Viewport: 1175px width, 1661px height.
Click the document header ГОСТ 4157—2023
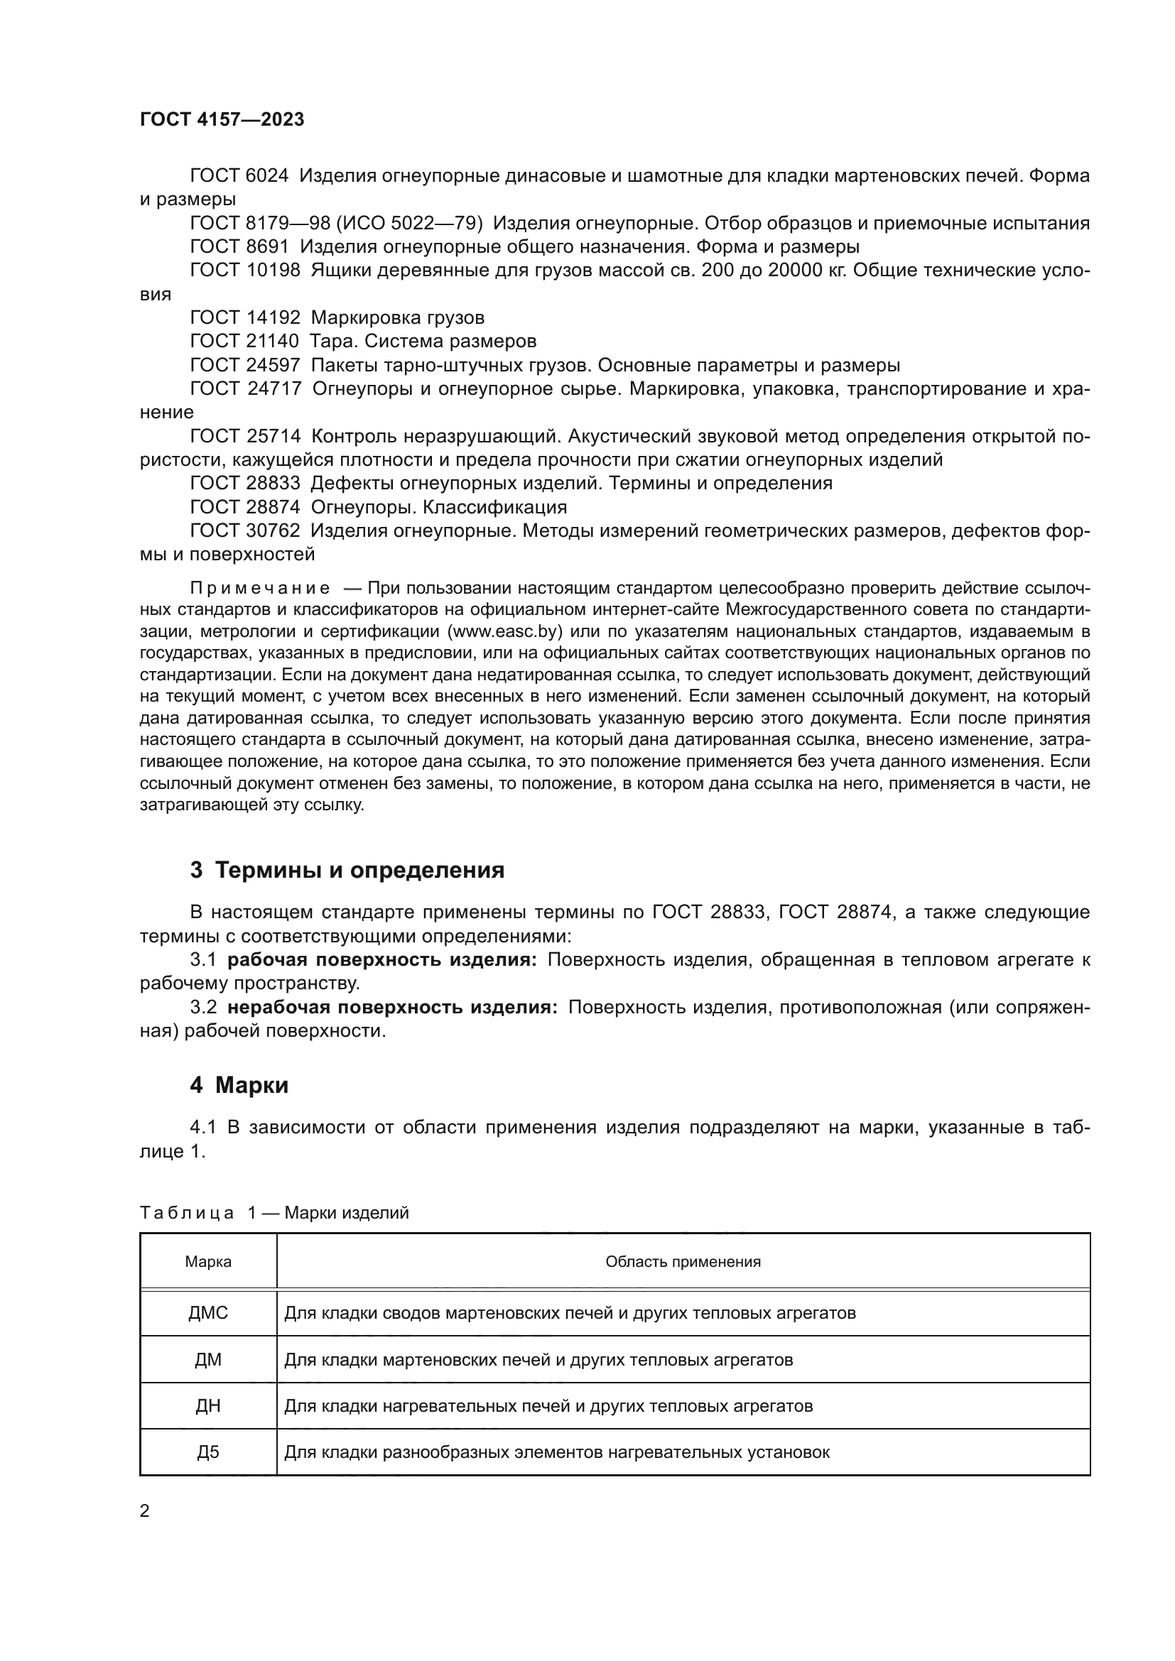[222, 120]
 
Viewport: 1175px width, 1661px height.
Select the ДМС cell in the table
[208, 1312]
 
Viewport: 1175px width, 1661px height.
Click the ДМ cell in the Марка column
[208, 1359]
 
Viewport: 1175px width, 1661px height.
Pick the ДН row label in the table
[208, 1405]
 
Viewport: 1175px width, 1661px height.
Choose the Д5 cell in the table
[208, 1452]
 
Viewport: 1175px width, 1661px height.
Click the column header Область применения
[683, 1262]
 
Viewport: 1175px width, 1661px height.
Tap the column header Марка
[208, 1262]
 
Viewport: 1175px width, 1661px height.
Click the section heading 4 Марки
[239, 1085]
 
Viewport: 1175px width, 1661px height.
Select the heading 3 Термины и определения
[347, 870]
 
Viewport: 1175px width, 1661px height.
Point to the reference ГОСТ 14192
[244, 317]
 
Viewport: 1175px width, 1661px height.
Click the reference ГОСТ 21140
[244, 341]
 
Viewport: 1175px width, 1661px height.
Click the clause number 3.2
[203, 1007]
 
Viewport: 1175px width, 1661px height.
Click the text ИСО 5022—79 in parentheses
[408, 223]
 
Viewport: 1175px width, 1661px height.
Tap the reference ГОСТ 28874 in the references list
[244, 506]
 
